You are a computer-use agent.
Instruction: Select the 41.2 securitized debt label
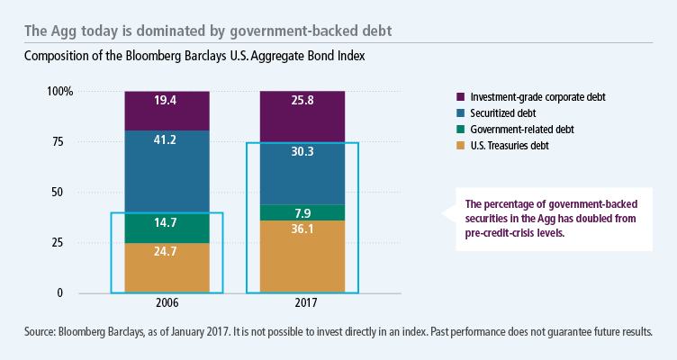pyautogui.click(x=167, y=139)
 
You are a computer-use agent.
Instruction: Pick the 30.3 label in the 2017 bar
pyautogui.click(x=302, y=152)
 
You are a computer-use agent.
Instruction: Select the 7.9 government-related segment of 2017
pyautogui.click(x=302, y=213)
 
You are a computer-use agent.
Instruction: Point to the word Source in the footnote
pyautogui.click(x=41, y=332)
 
